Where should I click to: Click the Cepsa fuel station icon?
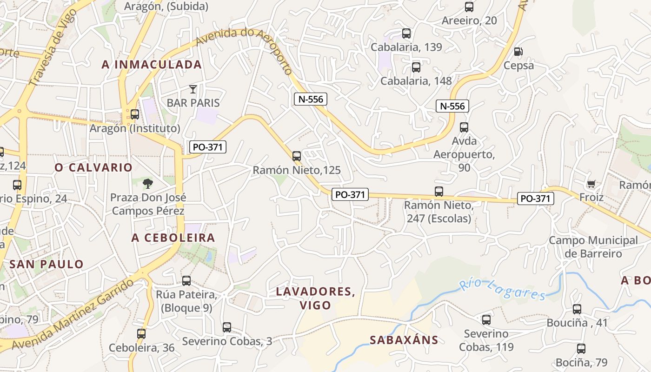pyautogui.click(x=518, y=51)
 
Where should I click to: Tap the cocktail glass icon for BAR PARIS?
pyautogui.click(x=193, y=89)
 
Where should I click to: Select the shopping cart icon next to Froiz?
pyautogui.click(x=591, y=184)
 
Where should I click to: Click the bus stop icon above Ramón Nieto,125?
pyautogui.click(x=297, y=156)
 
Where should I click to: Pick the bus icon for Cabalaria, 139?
pyautogui.click(x=406, y=33)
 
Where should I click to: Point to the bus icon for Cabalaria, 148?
pyautogui.click(x=416, y=67)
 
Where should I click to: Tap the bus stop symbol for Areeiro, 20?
pyautogui.click(x=469, y=7)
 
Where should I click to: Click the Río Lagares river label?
pyautogui.click(x=502, y=289)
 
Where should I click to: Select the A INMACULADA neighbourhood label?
pyautogui.click(x=152, y=65)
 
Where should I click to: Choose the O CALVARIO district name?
pyautogui.click(x=93, y=167)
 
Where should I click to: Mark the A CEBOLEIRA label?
pyautogui.click(x=173, y=238)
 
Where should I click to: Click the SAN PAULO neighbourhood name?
pyautogui.click(x=46, y=264)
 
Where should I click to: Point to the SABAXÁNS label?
pyautogui.click(x=404, y=340)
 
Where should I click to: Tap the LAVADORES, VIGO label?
pyautogui.click(x=316, y=298)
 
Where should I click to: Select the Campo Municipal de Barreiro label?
pyautogui.click(x=593, y=247)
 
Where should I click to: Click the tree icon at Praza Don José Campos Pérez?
pyautogui.click(x=148, y=183)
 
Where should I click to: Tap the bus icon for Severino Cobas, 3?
pyautogui.click(x=227, y=327)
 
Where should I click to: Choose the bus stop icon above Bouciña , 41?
pyautogui.click(x=577, y=309)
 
